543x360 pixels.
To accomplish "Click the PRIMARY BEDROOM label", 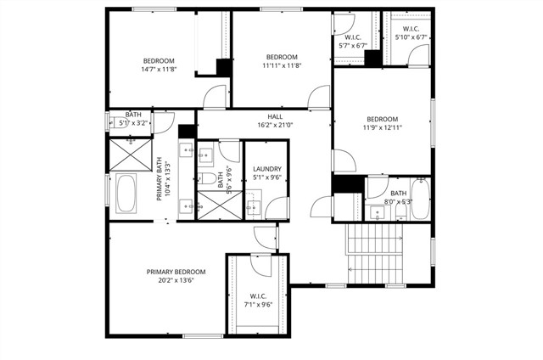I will tap(176, 272).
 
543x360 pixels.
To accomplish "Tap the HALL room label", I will tap(275, 116).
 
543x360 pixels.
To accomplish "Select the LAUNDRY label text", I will tap(266, 169).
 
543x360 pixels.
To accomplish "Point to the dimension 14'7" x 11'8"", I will tap(158, 70).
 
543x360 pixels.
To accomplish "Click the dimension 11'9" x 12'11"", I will tap(382, 127).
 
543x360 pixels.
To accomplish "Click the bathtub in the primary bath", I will tap(126, 194).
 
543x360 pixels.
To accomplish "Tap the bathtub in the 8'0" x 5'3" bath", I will tap(420, 199).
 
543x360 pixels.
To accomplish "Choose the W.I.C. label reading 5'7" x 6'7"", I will tap(355, 41).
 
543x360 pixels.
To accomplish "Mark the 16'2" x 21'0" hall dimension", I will tap(275, 125).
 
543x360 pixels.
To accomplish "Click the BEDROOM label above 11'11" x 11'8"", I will tap(283, 57).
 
